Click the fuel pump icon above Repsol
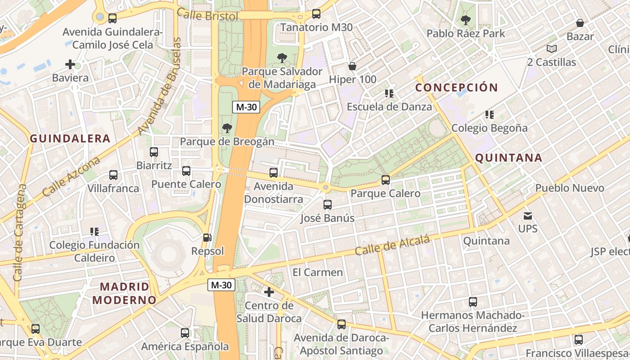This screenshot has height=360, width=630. (x=207, y=237)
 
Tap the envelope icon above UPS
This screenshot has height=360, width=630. (x=527, y=216)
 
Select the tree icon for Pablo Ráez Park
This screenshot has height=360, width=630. (x=465, y=20)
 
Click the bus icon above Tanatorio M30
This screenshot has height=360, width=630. (x=316, y=14)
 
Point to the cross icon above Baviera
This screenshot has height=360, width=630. (x=70, y=64)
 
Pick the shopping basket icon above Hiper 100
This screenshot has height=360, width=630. (x=352, y=66)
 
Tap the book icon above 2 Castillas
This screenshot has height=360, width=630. (x=551, y=49)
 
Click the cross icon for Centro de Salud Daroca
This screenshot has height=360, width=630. (x=269, y=292)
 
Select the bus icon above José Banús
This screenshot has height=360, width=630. (x=327, y=205)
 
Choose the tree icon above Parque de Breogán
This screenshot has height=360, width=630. (x=227, y=128)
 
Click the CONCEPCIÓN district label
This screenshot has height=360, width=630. (x=456, y=87)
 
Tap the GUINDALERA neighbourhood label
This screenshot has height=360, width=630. (x=70, y=139)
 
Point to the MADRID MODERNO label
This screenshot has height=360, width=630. (x=125, y=293)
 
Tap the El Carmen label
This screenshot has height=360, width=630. (x=318, y=272)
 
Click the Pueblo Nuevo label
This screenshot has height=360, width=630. (x=570, y=188)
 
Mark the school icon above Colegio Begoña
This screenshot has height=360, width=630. (x=490, y=115)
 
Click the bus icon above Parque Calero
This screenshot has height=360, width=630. (x=385, y=180)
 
